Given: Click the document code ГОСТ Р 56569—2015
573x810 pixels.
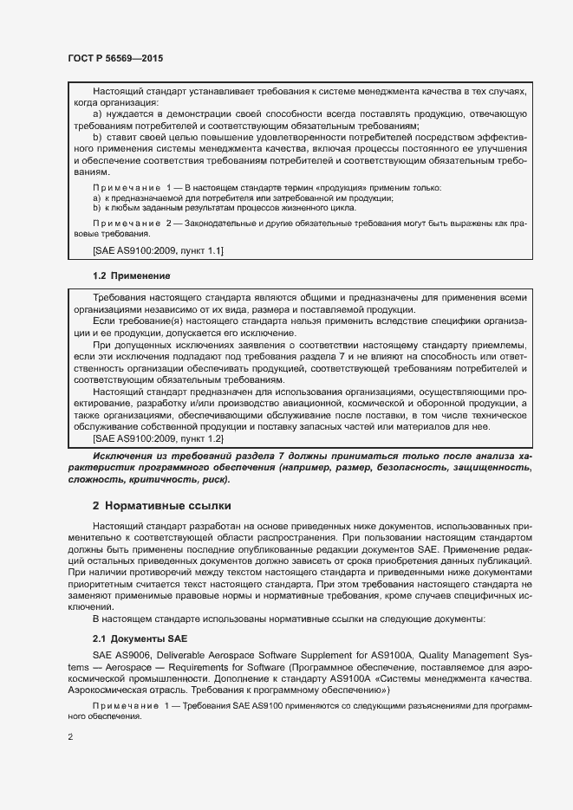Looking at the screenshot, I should (115, 58).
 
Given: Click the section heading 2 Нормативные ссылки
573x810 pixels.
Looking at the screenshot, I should (161, 505).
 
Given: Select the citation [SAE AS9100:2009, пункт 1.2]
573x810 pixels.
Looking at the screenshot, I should (158, 439).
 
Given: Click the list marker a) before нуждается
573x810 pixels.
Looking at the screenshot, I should (97, 114).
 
